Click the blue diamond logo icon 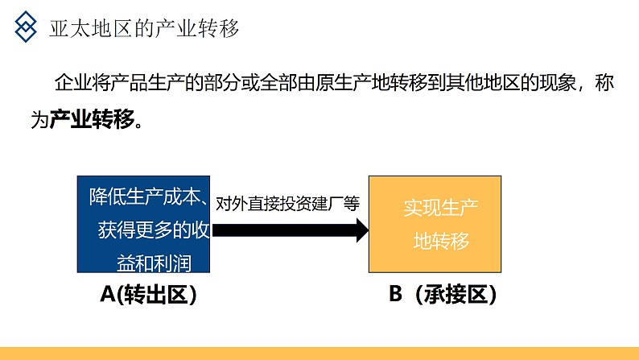point(27,28)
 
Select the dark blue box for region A point(145,223)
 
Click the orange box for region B point(441,223)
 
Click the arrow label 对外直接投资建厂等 point(288,204)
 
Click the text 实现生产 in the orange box point(441,208)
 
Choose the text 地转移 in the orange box point(441,241)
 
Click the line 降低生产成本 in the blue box point(145,197)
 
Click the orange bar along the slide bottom point(319,354)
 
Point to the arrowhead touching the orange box point(359,230)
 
